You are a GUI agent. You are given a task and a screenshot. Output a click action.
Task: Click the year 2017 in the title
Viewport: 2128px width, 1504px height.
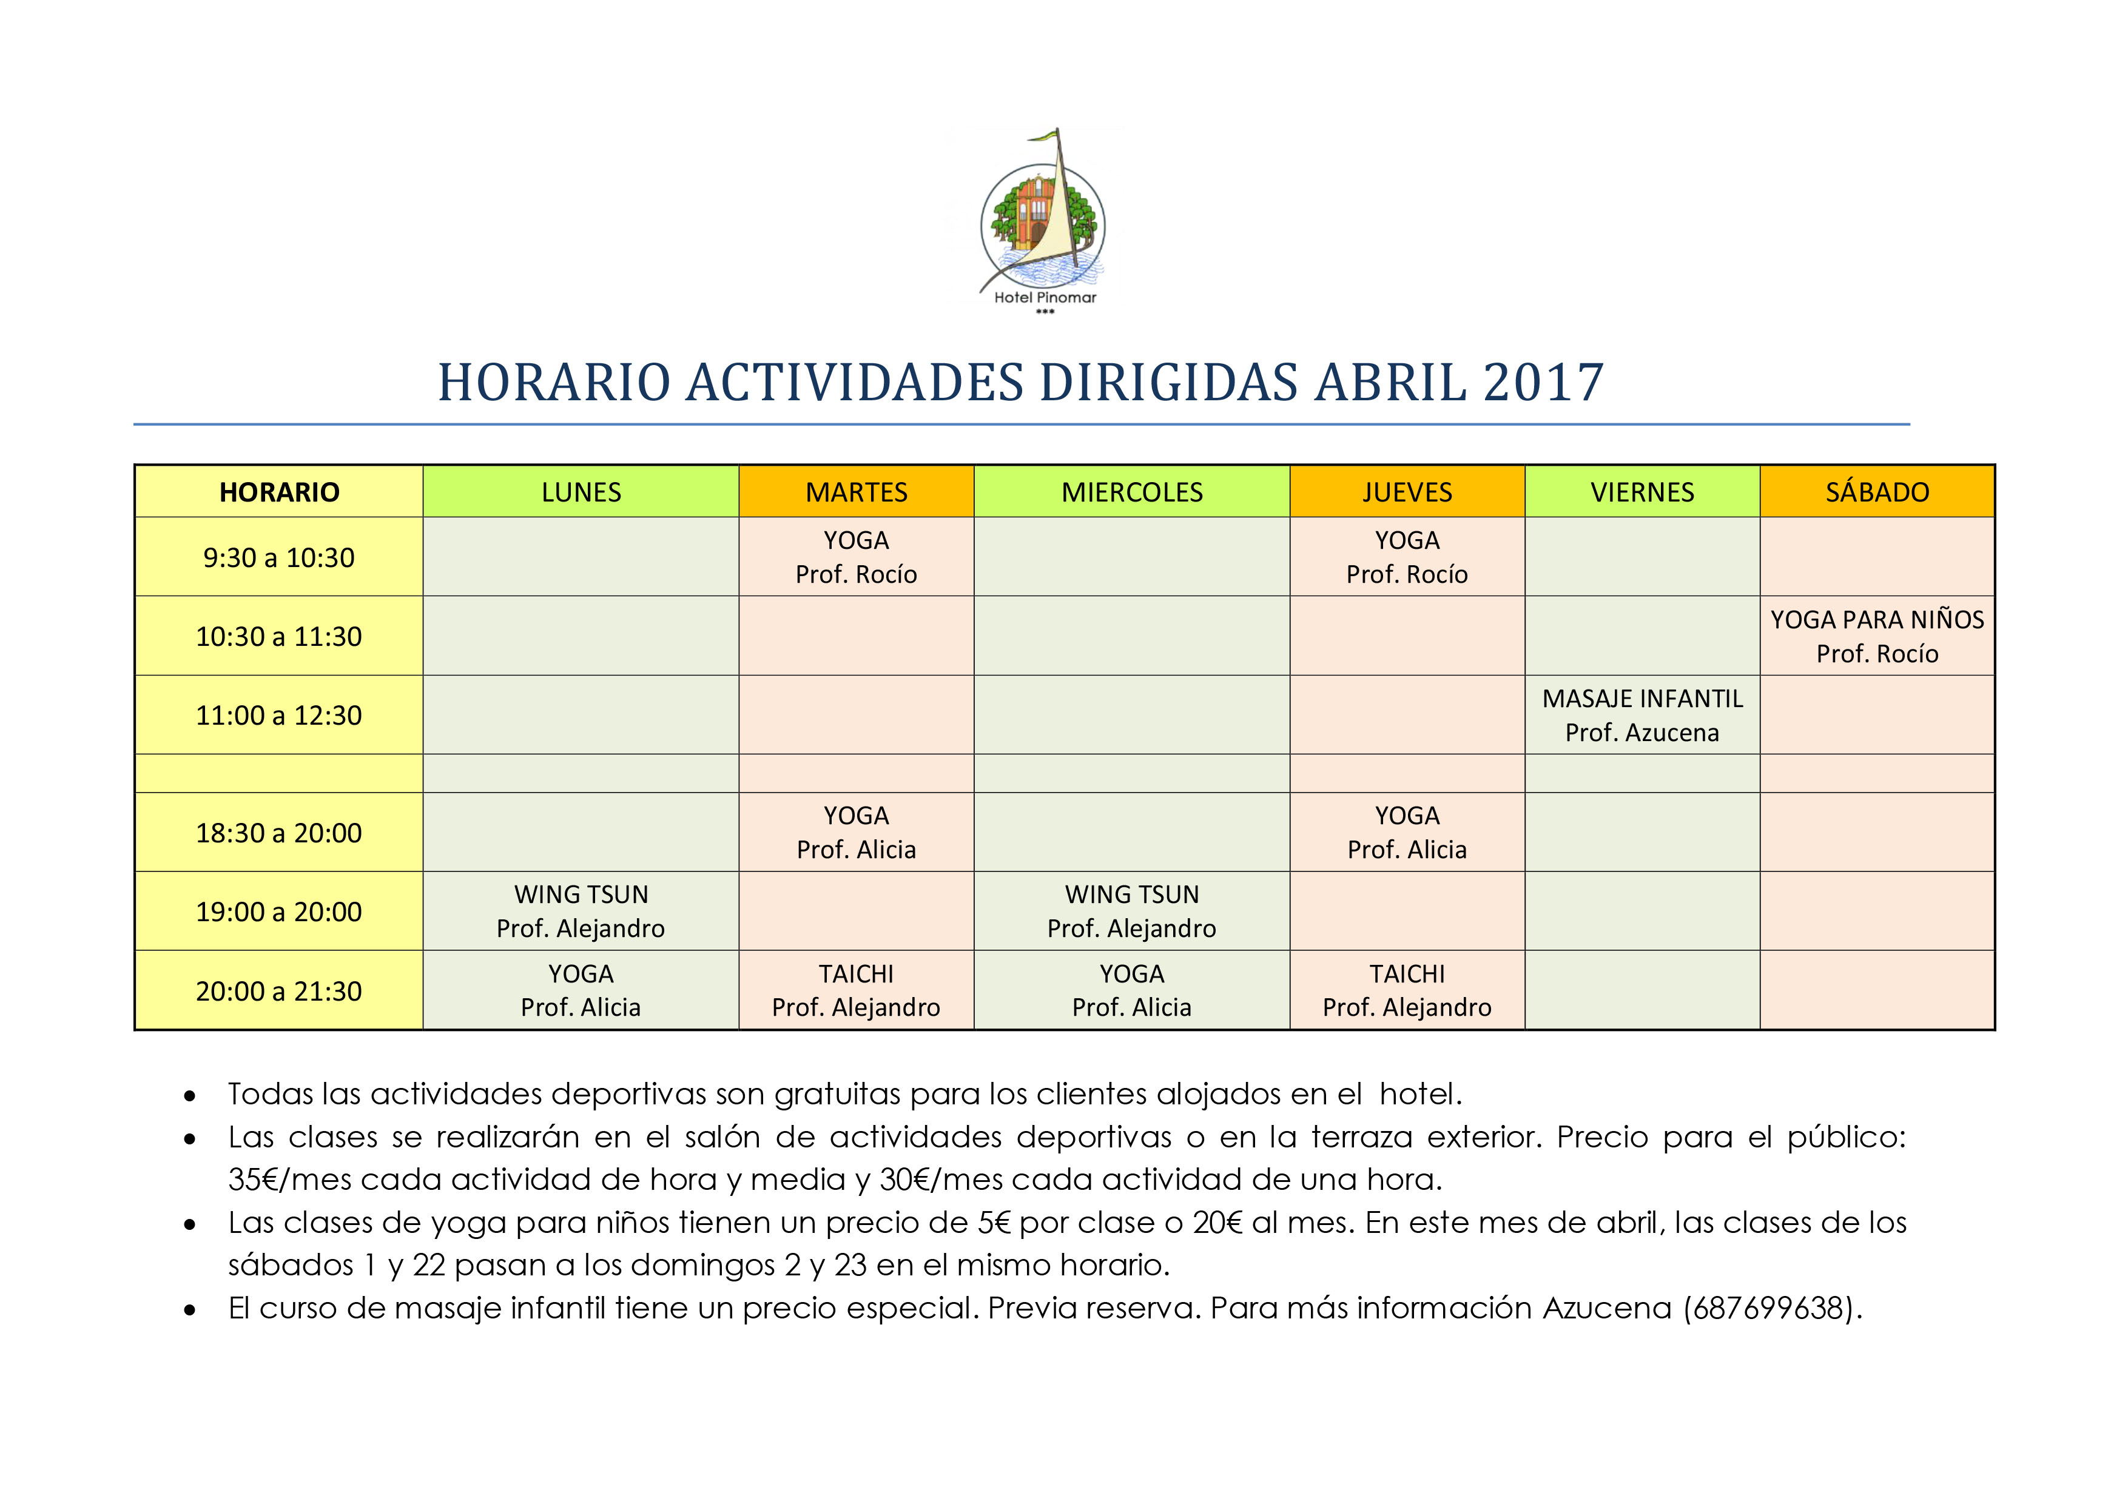[x=1543, y=383]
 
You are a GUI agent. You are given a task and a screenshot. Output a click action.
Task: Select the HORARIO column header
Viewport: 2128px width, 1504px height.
[x=279, y=492]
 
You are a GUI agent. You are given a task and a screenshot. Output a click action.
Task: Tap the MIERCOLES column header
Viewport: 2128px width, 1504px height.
[x=1132, y=492]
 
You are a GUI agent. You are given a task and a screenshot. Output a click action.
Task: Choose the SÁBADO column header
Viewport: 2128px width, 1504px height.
[x=1877, y=492]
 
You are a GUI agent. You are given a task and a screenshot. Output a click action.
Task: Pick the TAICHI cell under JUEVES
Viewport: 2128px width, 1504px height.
[x=1407, y=990]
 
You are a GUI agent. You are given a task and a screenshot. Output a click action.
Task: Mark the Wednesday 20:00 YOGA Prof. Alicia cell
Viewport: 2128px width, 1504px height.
[x=1132, y=990]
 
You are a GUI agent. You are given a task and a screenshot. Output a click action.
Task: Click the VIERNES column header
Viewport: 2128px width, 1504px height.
[x=1642, y=492]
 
